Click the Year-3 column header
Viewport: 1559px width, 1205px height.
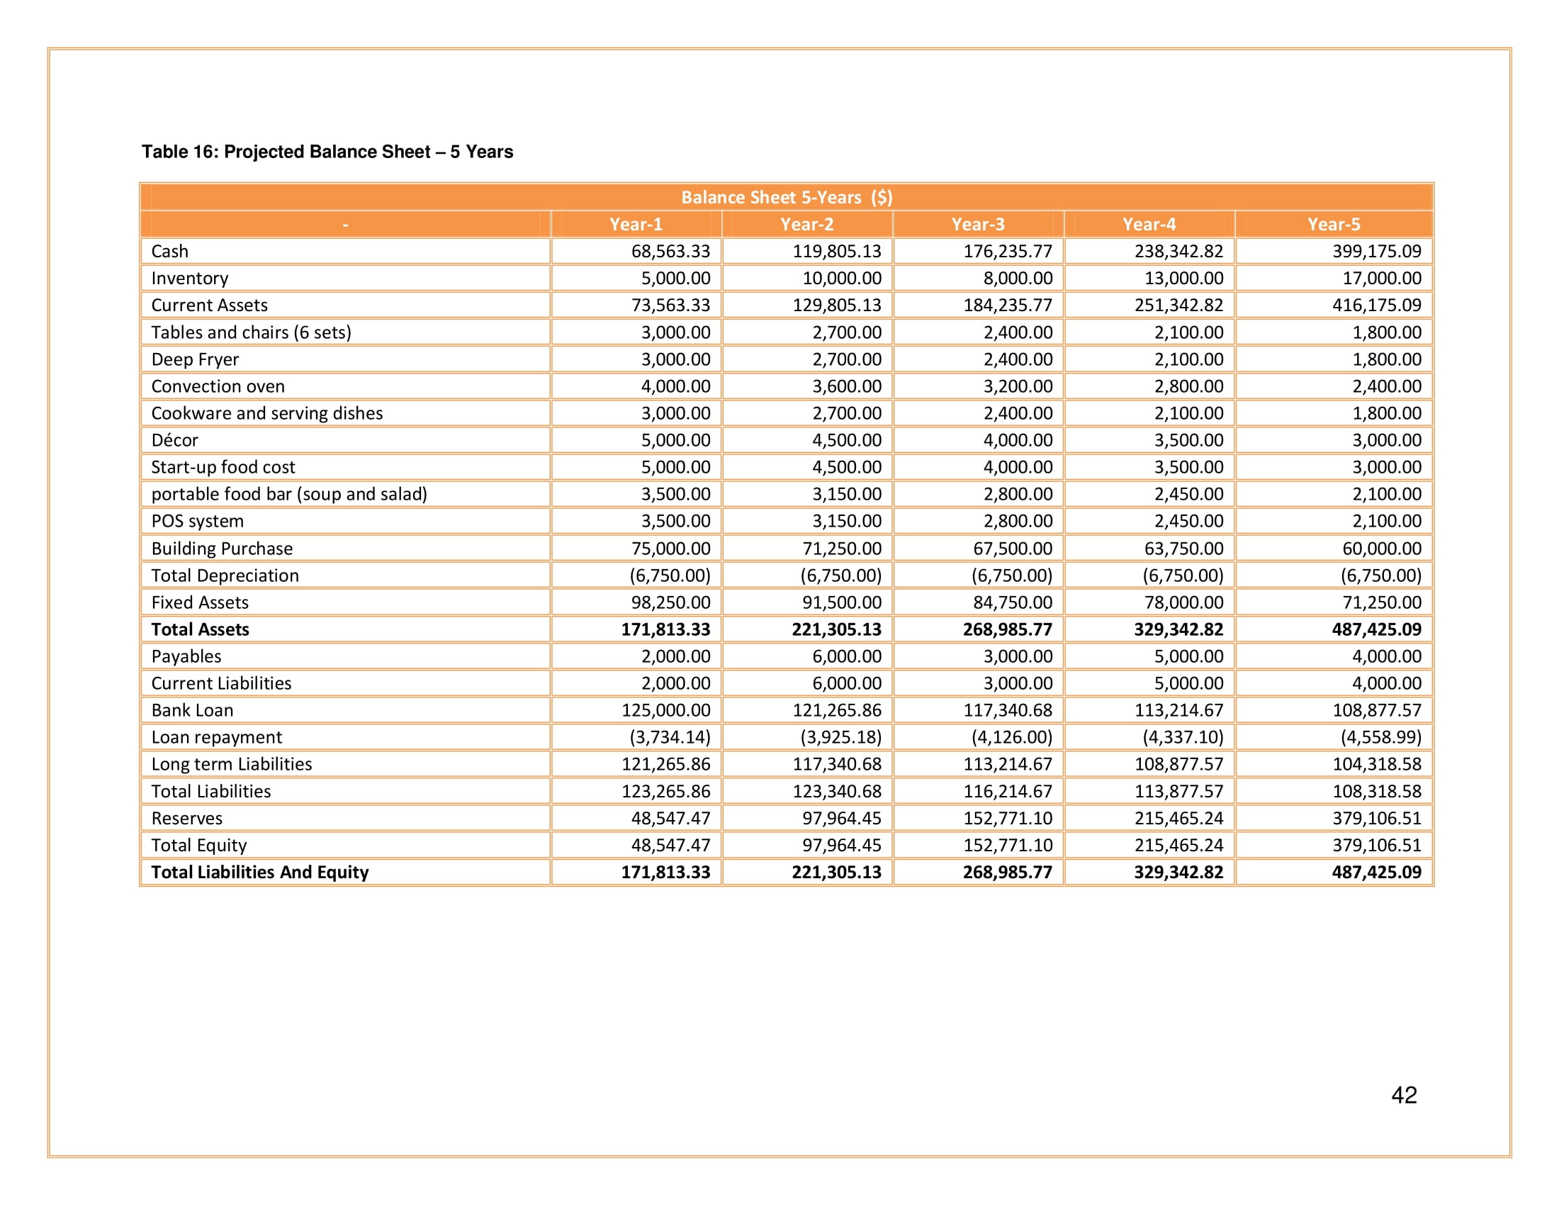point(977,224)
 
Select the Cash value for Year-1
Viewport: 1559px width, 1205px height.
point(670,252)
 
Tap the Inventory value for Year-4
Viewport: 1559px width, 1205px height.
point(1183,279)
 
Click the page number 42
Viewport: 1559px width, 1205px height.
point(1403,1095)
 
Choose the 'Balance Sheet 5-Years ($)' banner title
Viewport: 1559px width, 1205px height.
point(787,198)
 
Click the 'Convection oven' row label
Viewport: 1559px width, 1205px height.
point(218,386)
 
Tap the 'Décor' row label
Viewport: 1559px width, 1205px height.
point(175,440)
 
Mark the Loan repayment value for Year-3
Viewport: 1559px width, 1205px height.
point(1011,737)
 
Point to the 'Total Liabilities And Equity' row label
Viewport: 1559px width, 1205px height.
point(260,873)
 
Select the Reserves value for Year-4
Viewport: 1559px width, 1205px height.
point(1178,818)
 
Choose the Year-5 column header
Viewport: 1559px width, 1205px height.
point(1334,224)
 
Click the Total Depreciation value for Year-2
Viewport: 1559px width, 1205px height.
point(840,576)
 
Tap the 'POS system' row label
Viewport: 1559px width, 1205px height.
point(197,521)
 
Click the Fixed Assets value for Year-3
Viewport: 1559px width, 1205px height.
point(1012,602)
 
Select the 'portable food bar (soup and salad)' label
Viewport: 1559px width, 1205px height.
point(289,494)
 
